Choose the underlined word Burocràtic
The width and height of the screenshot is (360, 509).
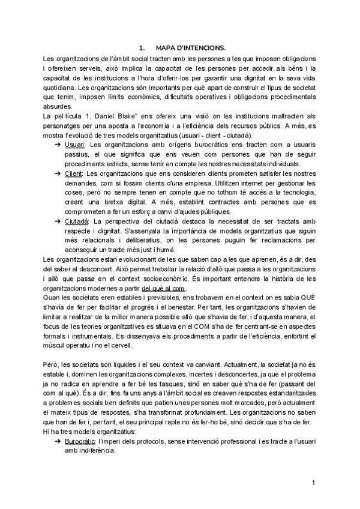80,441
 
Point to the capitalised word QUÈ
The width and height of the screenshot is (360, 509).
305,298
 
